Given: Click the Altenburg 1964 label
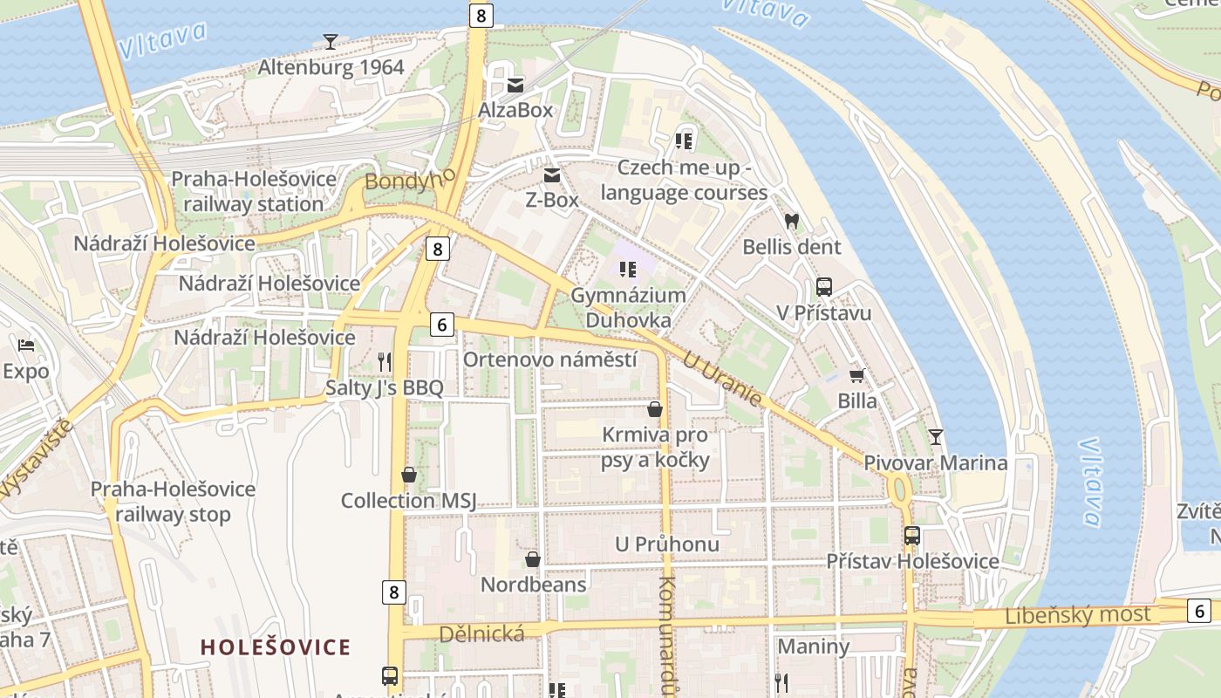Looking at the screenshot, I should coord(331,67).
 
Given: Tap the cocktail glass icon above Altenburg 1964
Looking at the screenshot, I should coord(331,40).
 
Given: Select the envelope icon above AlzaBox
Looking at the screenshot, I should coord(515,85).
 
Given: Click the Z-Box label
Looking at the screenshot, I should coord(551,200).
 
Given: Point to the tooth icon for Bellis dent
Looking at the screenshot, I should coord(792,222).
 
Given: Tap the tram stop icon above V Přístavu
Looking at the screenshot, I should coord(823,286).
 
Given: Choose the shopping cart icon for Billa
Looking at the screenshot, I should coord(857,375).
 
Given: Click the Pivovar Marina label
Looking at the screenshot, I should coord(936,462).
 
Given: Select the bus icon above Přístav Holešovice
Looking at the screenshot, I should coord(911,536).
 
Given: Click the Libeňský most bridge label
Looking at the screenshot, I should coord(1078,614).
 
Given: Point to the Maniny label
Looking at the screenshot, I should coord(813,647).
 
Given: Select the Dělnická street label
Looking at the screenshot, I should coord(482,634).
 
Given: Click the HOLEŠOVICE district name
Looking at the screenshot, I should coord(276,647).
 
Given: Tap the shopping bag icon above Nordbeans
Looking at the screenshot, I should coord(532,559).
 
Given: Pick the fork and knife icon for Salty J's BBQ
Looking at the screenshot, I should coord(384,361).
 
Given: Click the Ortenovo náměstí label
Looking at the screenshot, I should coord(549,359).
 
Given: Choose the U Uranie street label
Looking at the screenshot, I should coord(722,380).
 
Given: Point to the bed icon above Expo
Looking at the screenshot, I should coord(26,346).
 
